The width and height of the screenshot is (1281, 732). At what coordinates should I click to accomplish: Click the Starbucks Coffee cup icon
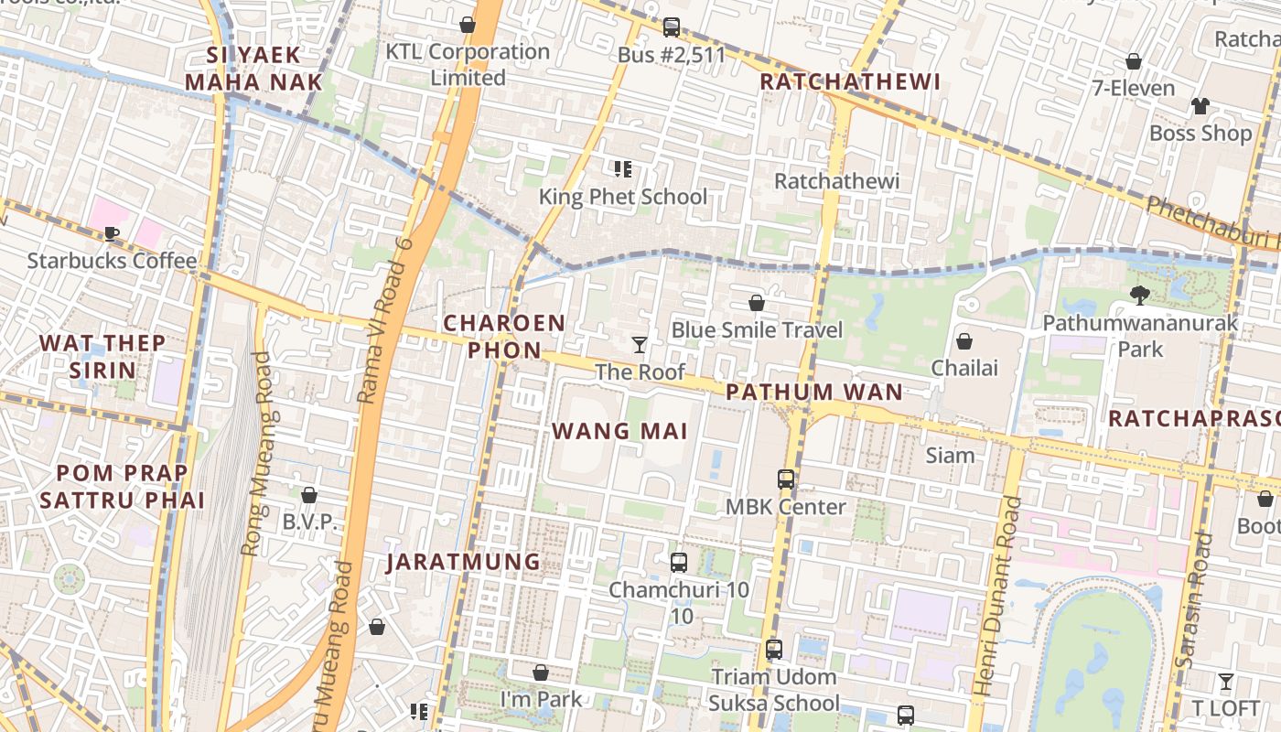pos(112,233)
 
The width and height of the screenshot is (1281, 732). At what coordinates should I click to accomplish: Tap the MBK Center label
pos(785,506)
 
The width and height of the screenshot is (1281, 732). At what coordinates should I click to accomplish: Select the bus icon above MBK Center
pos(785,479)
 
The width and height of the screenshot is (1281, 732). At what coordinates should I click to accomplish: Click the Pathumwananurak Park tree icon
pos(1139,295)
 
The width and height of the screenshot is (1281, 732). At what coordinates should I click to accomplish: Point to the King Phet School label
pos(622,197)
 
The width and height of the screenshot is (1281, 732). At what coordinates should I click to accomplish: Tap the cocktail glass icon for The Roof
pos(640,345)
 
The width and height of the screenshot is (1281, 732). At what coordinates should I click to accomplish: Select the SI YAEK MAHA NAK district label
pos(253,69)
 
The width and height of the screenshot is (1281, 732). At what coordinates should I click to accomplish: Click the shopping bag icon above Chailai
pos(963,341)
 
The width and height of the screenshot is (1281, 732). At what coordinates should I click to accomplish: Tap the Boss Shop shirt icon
pos(1200,106)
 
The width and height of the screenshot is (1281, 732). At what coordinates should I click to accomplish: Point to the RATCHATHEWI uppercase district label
pos(850,81)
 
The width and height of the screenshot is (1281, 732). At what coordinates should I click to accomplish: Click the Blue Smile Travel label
pos(757,329)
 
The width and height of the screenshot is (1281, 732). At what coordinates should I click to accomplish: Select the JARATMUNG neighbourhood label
pos(463,561)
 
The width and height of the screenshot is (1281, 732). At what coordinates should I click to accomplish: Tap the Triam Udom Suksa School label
pos(774,690)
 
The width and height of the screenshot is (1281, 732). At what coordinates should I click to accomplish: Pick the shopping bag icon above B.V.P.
pos(309,495)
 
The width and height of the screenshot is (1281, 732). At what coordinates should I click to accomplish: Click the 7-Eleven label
pos(1133,88)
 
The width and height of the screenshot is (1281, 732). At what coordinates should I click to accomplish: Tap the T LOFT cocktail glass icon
pos(1225,682)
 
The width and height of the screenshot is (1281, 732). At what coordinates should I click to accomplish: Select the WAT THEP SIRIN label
pos(102,357)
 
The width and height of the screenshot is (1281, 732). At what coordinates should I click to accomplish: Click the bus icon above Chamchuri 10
pos(678,563)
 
